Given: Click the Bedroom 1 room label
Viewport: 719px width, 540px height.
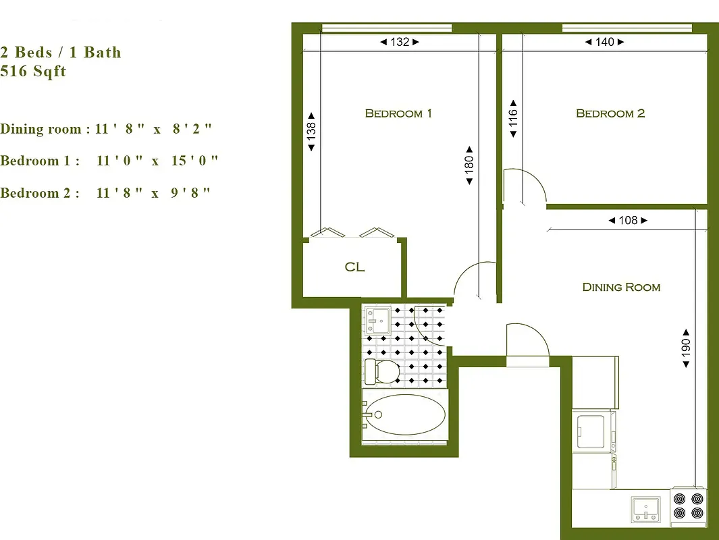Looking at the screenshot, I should click(398, 113).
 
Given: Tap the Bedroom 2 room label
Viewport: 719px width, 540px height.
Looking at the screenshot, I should click(610, 113).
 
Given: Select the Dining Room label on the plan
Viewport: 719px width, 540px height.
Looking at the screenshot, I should click(621, 287).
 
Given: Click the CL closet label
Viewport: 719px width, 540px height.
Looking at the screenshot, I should click(354, 267).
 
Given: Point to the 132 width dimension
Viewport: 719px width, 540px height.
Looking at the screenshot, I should click(400, 42).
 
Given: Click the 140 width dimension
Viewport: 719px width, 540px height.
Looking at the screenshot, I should click(605, 42).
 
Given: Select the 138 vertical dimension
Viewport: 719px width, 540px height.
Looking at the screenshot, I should click(311, 131).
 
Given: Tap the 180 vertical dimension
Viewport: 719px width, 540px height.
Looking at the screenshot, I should click(469, 165).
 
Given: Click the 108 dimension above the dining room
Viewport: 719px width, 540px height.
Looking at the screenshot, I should click(628, 220).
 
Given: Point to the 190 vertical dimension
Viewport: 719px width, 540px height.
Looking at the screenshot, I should click(686, 348).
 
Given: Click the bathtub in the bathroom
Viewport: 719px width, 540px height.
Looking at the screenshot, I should click(405, 414).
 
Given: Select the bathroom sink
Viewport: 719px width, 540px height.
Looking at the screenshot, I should click(377, 320).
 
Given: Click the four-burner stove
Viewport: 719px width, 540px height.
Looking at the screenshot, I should click(688, 506).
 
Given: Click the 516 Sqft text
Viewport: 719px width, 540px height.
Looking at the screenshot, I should click(33, 71).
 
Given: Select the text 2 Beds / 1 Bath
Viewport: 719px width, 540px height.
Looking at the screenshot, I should click(61, 52).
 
